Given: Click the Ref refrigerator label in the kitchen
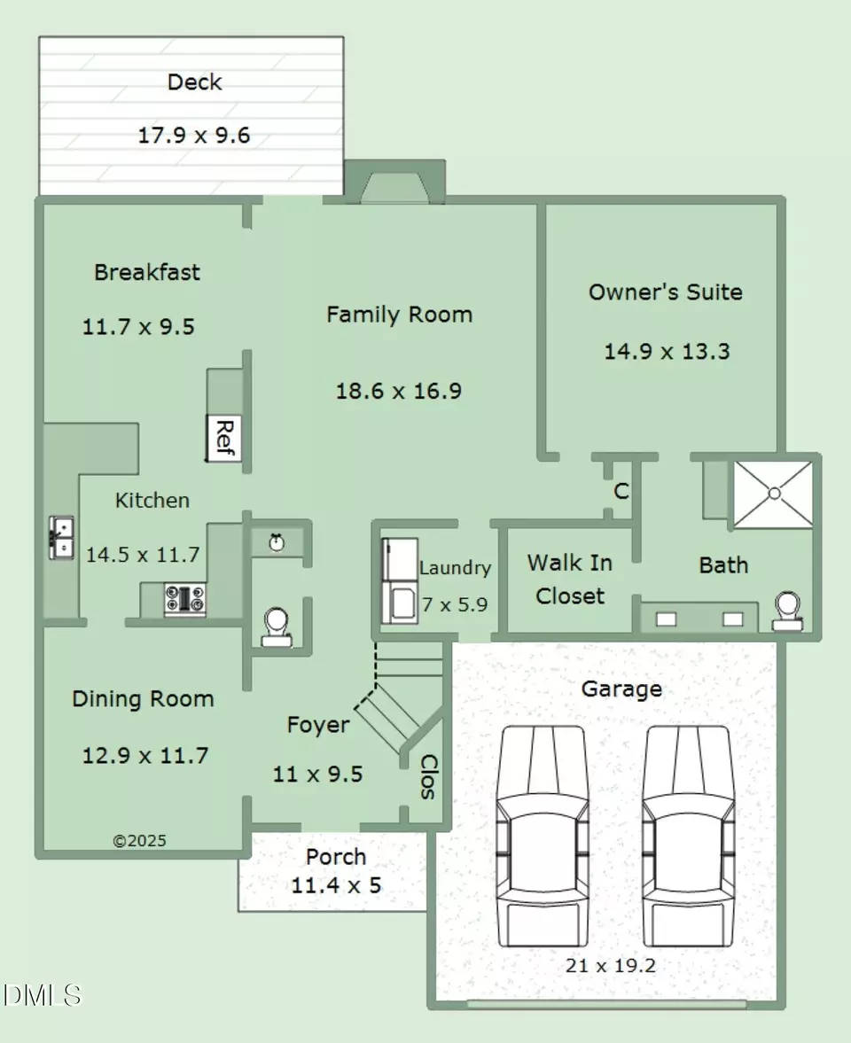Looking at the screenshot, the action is coord(225,438).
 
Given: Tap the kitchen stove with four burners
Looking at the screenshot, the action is coord(185,599).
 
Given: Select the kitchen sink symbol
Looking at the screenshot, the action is coord(61,538).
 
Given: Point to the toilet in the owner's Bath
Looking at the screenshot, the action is coord(788,611).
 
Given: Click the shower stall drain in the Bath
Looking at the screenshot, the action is coord(774,494).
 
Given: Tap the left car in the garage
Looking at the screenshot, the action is coord(543,837).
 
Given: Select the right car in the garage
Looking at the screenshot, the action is coord(689,837).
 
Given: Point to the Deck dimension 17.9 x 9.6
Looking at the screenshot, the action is coord(193,135).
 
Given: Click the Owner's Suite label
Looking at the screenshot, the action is coord(666,292).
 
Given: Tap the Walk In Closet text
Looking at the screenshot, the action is coord(570,579).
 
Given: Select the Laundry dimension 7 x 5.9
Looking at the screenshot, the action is coord(455,604).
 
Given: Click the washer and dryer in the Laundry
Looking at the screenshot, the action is coord(400,580).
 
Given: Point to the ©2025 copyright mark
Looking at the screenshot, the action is coord(140,841).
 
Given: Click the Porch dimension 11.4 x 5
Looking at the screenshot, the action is coord(336,885).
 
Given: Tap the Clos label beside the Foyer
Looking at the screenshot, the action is coord(428,776).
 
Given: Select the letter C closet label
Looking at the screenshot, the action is coord(621,491).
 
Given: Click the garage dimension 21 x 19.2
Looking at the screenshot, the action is coord(611,965).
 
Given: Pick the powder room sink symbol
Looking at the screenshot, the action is coord(277,543).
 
